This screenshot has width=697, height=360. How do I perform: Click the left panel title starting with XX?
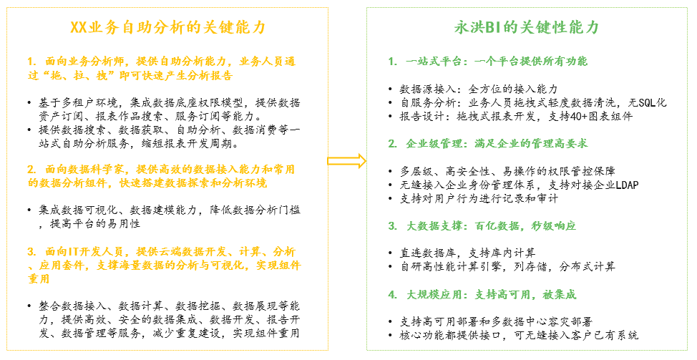(x=167, y=28)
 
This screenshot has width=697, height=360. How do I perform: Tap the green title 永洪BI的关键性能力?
(x=526, y=28)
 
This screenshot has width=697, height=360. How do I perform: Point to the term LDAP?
(x=627, y=185)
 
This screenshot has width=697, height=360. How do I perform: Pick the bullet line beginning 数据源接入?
(x=478, y=89)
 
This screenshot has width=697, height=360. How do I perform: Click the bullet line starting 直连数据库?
(x=467, y=253)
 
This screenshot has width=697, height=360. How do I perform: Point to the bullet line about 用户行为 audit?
(x=478, y=199)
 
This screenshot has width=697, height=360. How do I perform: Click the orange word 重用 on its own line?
(x=39, y=278)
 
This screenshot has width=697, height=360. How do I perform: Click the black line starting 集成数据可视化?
(x=170, y=210)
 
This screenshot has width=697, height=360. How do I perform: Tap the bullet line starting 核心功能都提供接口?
(x=519, y=336)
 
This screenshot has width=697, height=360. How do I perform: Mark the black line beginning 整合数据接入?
(x=170, y=306)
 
